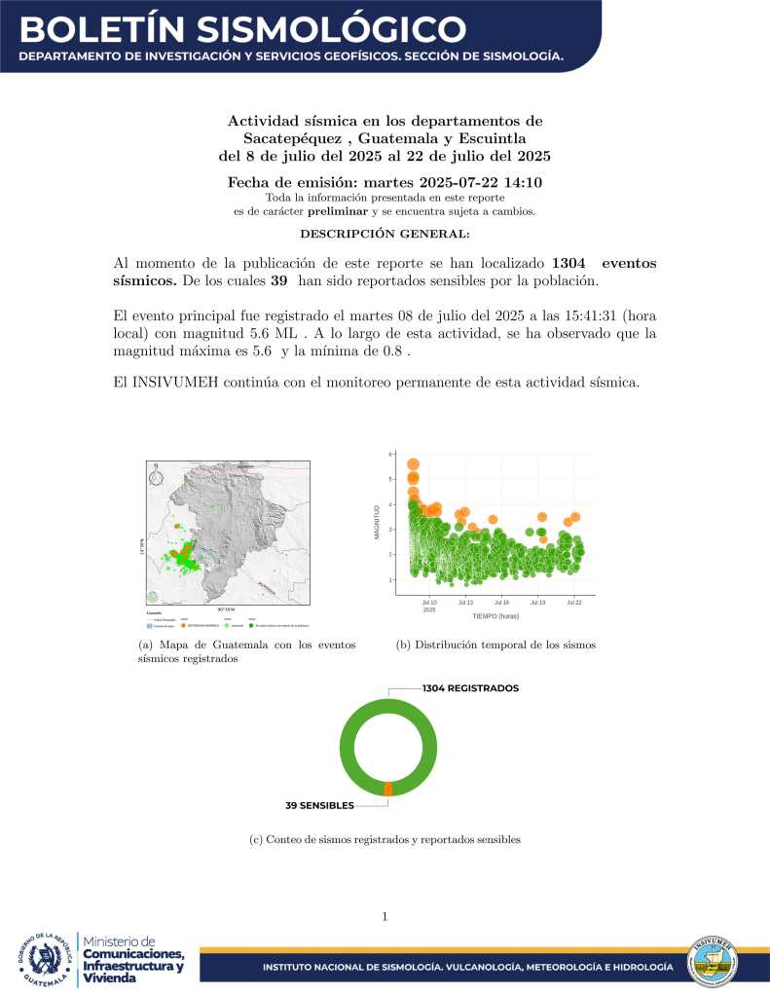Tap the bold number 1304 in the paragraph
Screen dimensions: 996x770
570,263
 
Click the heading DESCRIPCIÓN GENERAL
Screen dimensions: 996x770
385,234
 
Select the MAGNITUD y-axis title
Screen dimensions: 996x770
375,521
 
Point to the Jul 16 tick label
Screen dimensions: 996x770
501,603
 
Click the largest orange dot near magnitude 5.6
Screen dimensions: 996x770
413,464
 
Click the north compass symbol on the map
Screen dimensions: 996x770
155,476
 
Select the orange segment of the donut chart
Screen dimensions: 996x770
388,789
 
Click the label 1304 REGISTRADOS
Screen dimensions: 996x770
470,688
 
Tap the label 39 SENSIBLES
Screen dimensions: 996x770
319,806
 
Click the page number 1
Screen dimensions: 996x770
385,916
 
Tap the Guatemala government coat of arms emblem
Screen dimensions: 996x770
45,960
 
